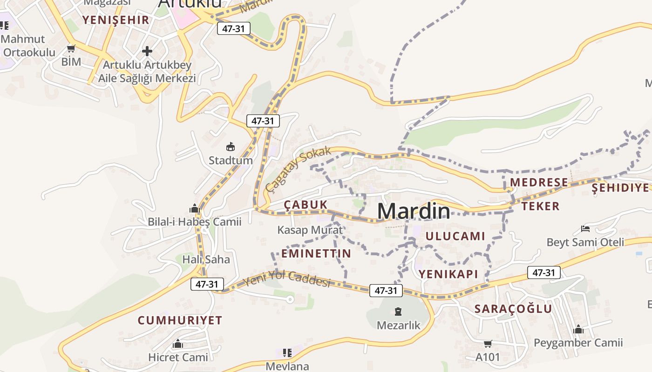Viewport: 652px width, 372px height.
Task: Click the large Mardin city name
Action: click(x=414, y=211)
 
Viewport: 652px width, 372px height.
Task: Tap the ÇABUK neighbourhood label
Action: click(x=306, y=205)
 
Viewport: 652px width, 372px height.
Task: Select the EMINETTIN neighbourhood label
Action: click(x=316, y=253)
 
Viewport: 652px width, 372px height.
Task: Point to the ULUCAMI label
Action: click(x=455, y=236)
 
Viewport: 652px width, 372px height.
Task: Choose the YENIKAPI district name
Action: click(x=448, y=274)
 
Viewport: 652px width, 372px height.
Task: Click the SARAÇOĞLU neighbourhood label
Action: click(x=513, y=309)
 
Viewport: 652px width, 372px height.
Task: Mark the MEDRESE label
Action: click(x=539, y=182)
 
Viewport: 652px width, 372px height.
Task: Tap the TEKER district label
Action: click(x=540, y=206)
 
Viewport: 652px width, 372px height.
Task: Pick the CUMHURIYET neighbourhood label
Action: click(x=180, y=320)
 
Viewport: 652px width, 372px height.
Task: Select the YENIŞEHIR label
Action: click(x=115, y=20)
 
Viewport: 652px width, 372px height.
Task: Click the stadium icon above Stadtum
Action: click(x=230, y=147)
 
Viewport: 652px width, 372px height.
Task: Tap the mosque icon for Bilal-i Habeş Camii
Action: click(x=195, y=208)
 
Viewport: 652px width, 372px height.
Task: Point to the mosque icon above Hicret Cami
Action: click(x=178, y=344)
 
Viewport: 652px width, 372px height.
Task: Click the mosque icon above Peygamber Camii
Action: click(x=578, y=329)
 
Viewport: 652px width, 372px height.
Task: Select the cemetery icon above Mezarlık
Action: click(x=398, y=311)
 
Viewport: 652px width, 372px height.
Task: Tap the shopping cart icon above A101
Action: click(x=488, y=344)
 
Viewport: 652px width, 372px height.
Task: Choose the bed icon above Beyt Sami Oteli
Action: click(x=585, y=228)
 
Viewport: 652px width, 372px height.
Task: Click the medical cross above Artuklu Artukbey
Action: click(x=147, y=51)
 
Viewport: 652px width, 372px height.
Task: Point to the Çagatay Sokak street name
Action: click(x=298, y=169)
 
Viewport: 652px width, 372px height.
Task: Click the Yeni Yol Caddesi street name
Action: click(x=287, y=279)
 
